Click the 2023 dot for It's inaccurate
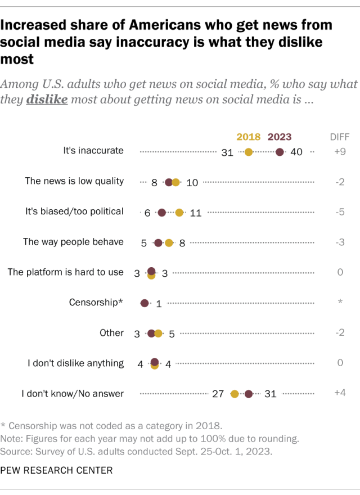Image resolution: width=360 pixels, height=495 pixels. point(280,151)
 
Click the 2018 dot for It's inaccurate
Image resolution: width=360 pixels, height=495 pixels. point(249,151)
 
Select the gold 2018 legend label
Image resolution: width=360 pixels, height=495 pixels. point(248,137)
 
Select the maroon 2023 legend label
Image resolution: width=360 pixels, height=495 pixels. point(280,137)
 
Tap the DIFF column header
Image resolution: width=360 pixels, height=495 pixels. point(339,137)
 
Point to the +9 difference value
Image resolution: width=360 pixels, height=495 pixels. point(339,151)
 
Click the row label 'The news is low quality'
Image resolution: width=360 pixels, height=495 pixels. point(74,181)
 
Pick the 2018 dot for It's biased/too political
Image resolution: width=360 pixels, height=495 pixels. point(179,212)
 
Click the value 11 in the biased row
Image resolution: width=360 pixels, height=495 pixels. point(196,213)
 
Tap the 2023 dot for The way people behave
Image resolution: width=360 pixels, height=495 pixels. point(158,243)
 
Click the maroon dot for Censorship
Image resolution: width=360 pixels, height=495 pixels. point(145,303)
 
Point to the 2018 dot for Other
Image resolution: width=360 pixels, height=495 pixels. point(158,334)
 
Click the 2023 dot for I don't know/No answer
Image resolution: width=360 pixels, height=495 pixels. point(249,394)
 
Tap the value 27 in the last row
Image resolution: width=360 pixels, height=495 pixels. point(218,394)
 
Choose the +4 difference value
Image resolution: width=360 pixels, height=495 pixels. point(339,393)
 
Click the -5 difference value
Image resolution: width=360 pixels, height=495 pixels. point(339,212)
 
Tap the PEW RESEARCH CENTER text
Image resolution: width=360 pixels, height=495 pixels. point(56,470)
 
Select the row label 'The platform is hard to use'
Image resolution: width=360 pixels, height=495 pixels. point(65,272)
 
